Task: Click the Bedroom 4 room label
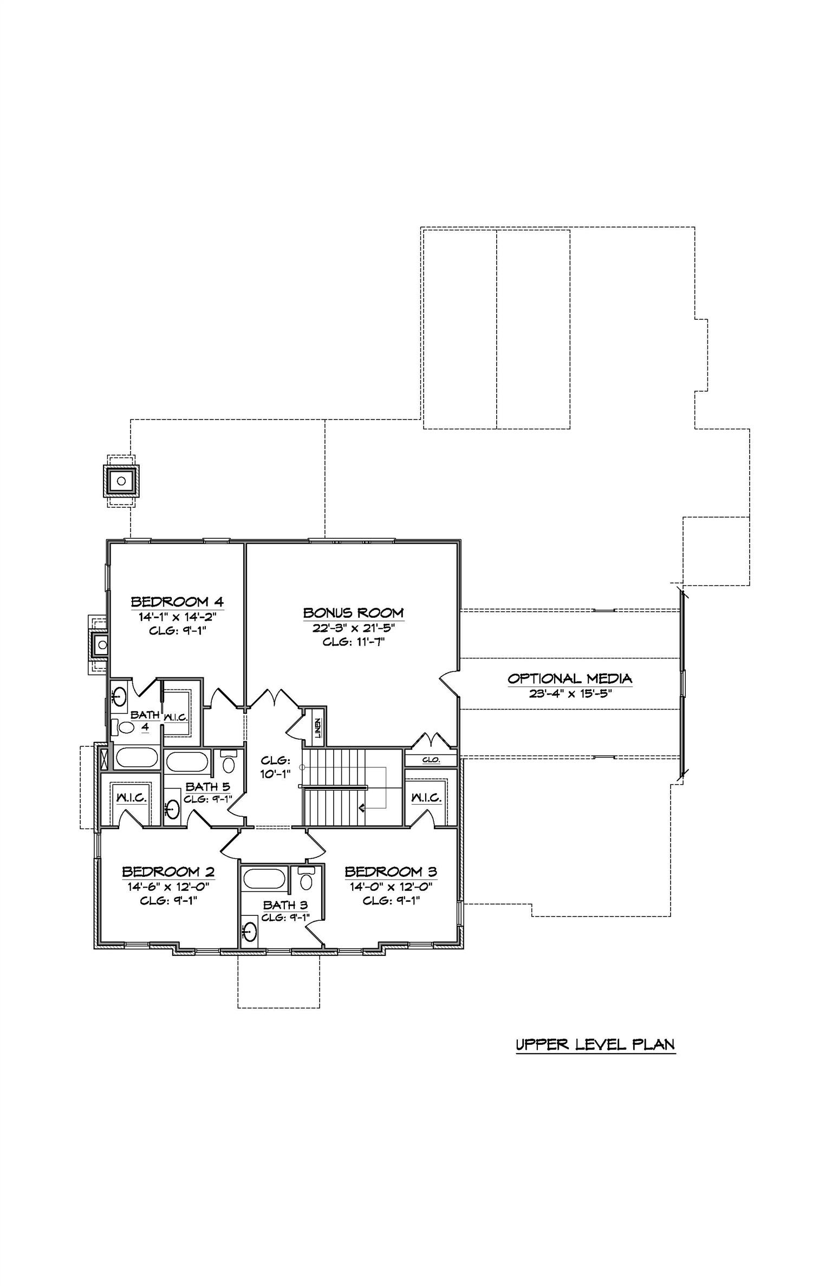(x=178, y=602)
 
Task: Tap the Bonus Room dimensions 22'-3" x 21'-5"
(x=353, y=628)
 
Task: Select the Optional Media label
(x=570, y=678)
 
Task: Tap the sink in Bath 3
(x=250, y=932)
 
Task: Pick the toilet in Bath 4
(x=124, y=727)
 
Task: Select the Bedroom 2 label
(x=168, y=872)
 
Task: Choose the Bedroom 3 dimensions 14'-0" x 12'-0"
(x=391, y=887)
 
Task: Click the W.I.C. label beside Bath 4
(x=175, y=718)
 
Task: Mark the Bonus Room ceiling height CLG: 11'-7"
(x=354, y=642)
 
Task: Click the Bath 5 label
(x=208, y=787)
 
